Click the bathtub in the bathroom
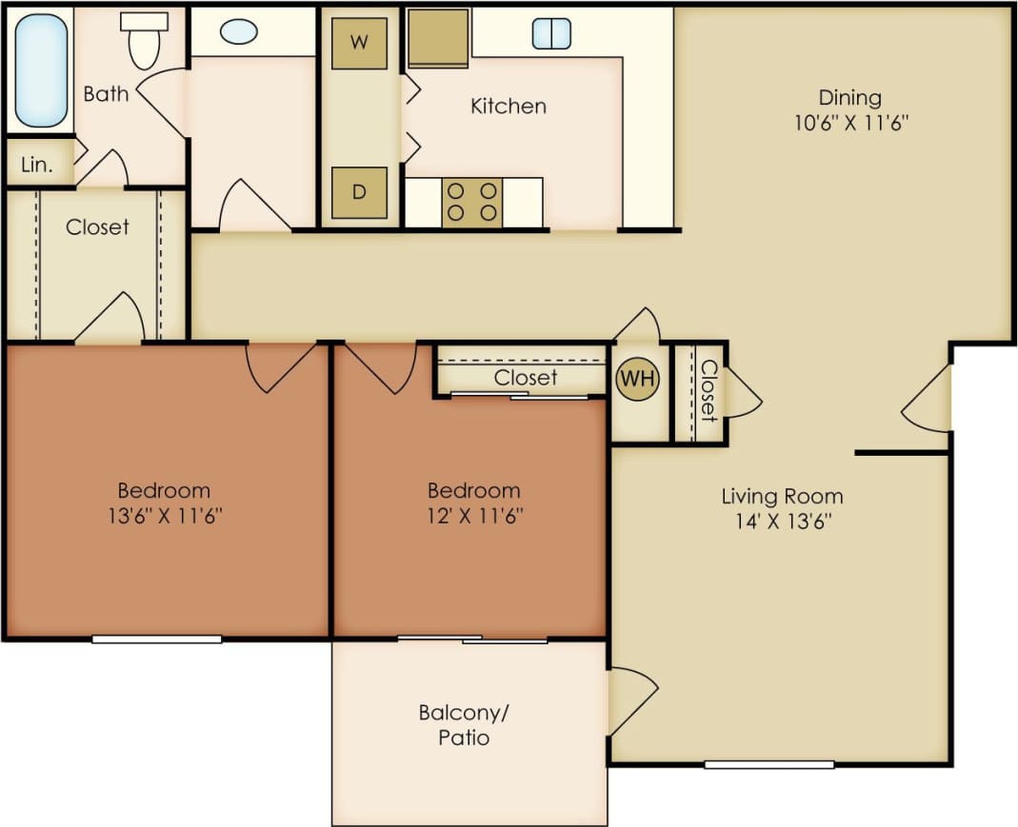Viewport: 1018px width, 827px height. [42, 69]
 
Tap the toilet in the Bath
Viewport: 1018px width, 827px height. [144, 40]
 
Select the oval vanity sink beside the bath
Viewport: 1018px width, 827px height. [238, 31]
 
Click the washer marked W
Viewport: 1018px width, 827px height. [359, 43]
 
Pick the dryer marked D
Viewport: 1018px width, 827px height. [359, 192]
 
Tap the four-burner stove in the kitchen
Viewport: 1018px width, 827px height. [472, 202]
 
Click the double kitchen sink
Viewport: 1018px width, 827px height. [551, 33]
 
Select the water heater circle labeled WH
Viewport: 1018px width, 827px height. [637, 379]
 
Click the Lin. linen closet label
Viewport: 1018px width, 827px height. [36, 164]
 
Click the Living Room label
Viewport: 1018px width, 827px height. [782, 496]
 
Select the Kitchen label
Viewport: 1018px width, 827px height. [509, 106]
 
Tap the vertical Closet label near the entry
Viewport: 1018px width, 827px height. [708, 390]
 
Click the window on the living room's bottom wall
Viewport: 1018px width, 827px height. [769, 763]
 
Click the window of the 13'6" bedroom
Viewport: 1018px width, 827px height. [157, 639]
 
